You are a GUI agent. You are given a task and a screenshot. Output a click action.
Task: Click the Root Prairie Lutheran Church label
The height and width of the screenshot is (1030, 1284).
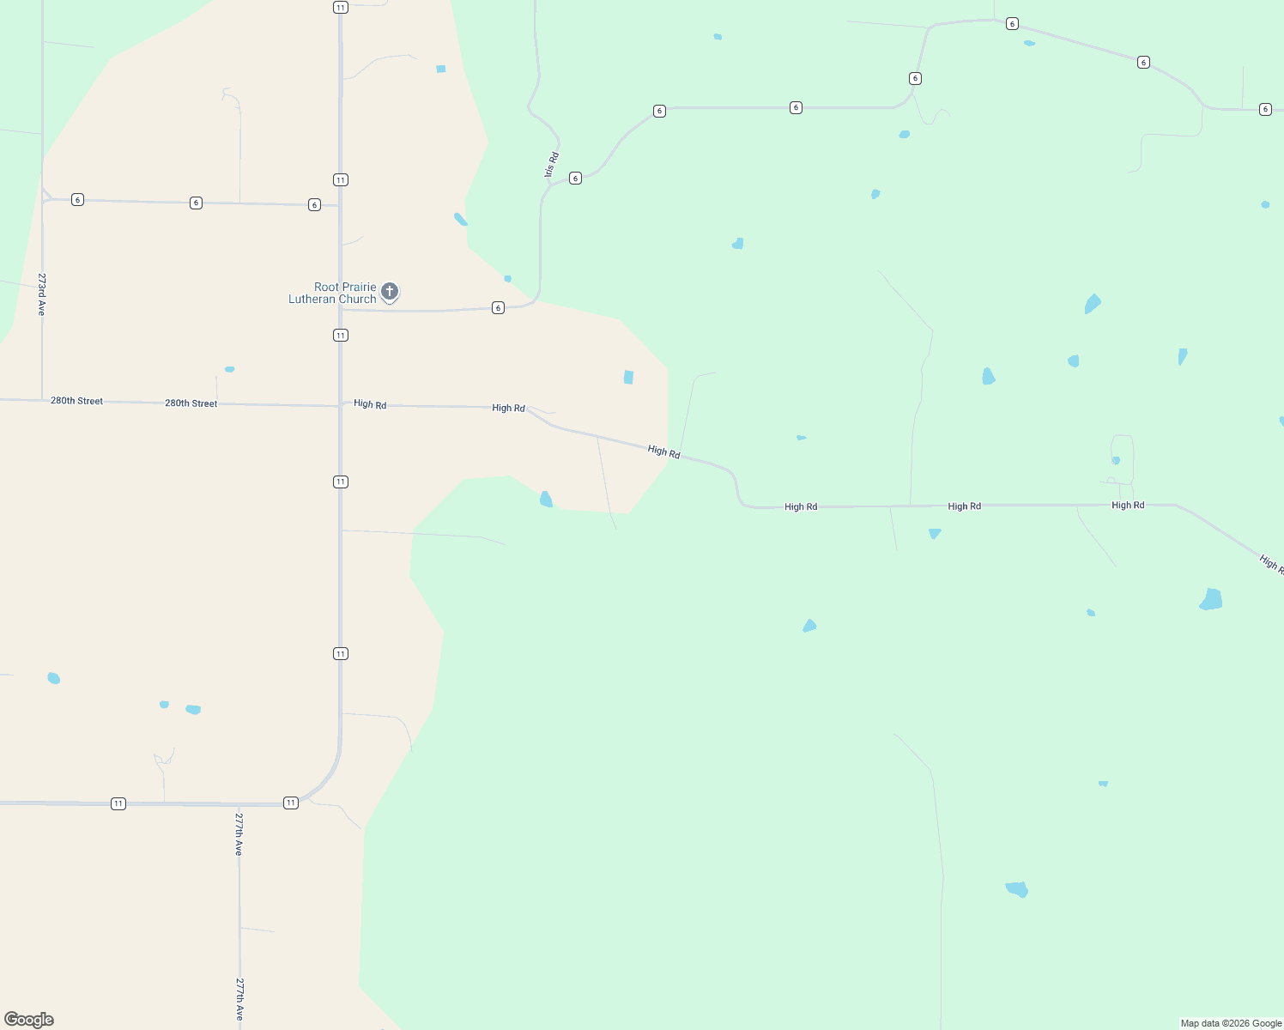point(333,293)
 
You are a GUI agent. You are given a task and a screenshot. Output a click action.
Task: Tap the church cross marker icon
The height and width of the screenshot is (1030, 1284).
point(390,291)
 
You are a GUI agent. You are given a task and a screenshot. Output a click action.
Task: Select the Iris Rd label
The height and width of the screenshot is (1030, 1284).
point(552,165)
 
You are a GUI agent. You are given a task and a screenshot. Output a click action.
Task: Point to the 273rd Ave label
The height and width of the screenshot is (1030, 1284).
point(41,294)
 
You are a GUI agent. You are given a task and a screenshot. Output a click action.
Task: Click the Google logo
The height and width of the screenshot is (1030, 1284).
point(29,1020)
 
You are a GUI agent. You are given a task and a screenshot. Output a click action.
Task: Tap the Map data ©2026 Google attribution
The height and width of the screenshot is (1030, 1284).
point(1231,1023)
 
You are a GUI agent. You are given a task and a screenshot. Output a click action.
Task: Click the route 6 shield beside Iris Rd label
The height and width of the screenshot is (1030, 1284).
point(575,179)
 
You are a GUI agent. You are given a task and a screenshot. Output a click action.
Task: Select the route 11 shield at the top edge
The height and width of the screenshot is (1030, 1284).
point(341,8)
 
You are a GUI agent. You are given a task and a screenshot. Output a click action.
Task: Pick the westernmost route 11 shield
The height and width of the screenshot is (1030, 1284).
point(118,803)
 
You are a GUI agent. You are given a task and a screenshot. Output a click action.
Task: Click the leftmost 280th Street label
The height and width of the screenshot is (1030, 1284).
point(76,401)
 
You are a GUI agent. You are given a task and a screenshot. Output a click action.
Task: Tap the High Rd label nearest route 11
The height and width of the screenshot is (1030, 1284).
point(370,404)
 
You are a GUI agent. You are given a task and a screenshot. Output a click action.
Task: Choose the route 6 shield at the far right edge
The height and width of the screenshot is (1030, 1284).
point(1265,109)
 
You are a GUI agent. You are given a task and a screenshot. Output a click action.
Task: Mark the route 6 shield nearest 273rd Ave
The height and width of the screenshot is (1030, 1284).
point(77,200)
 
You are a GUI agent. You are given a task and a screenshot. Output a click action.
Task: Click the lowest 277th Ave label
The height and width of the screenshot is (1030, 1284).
point(239,999)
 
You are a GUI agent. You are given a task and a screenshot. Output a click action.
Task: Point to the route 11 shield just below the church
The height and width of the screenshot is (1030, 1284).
point(341,335)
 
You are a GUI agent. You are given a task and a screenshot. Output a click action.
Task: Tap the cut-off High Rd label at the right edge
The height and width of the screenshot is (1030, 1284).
point(1271,563)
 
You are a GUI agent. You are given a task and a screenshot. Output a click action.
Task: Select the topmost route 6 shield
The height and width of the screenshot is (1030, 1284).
point(1013,24)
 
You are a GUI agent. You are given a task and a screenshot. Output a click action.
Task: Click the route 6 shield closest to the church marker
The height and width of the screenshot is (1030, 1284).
point(498,307)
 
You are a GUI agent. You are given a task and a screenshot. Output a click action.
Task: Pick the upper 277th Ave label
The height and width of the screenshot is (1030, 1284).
point(239,833)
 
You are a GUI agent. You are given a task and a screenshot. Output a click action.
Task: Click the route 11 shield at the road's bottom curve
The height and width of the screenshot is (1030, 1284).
point(291,803)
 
